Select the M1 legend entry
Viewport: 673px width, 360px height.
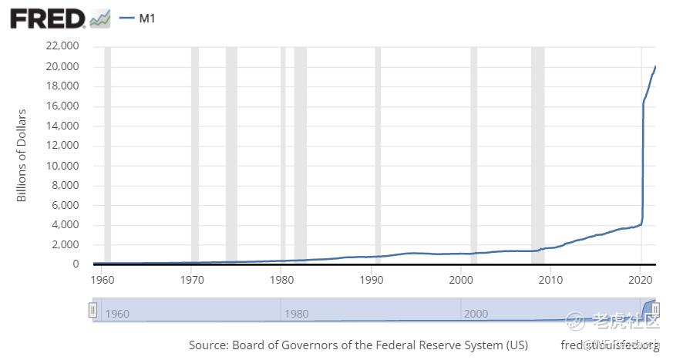(x=147, y=18)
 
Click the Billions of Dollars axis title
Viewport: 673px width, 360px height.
(x=22, y=155)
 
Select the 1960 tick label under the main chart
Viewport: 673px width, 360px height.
(x=103, y=279)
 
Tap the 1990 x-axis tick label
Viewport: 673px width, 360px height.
(x=372, y=279)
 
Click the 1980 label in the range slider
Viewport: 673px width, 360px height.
(x=297, y=314)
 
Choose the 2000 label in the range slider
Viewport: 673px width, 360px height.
(x=476, y=314)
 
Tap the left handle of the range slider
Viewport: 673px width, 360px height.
(x=93, y=310)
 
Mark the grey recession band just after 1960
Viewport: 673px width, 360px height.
(x=107, y=154)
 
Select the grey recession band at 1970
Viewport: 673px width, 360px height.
(x=195, y=154)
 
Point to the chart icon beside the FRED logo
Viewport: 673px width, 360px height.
(x=100, y=19)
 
